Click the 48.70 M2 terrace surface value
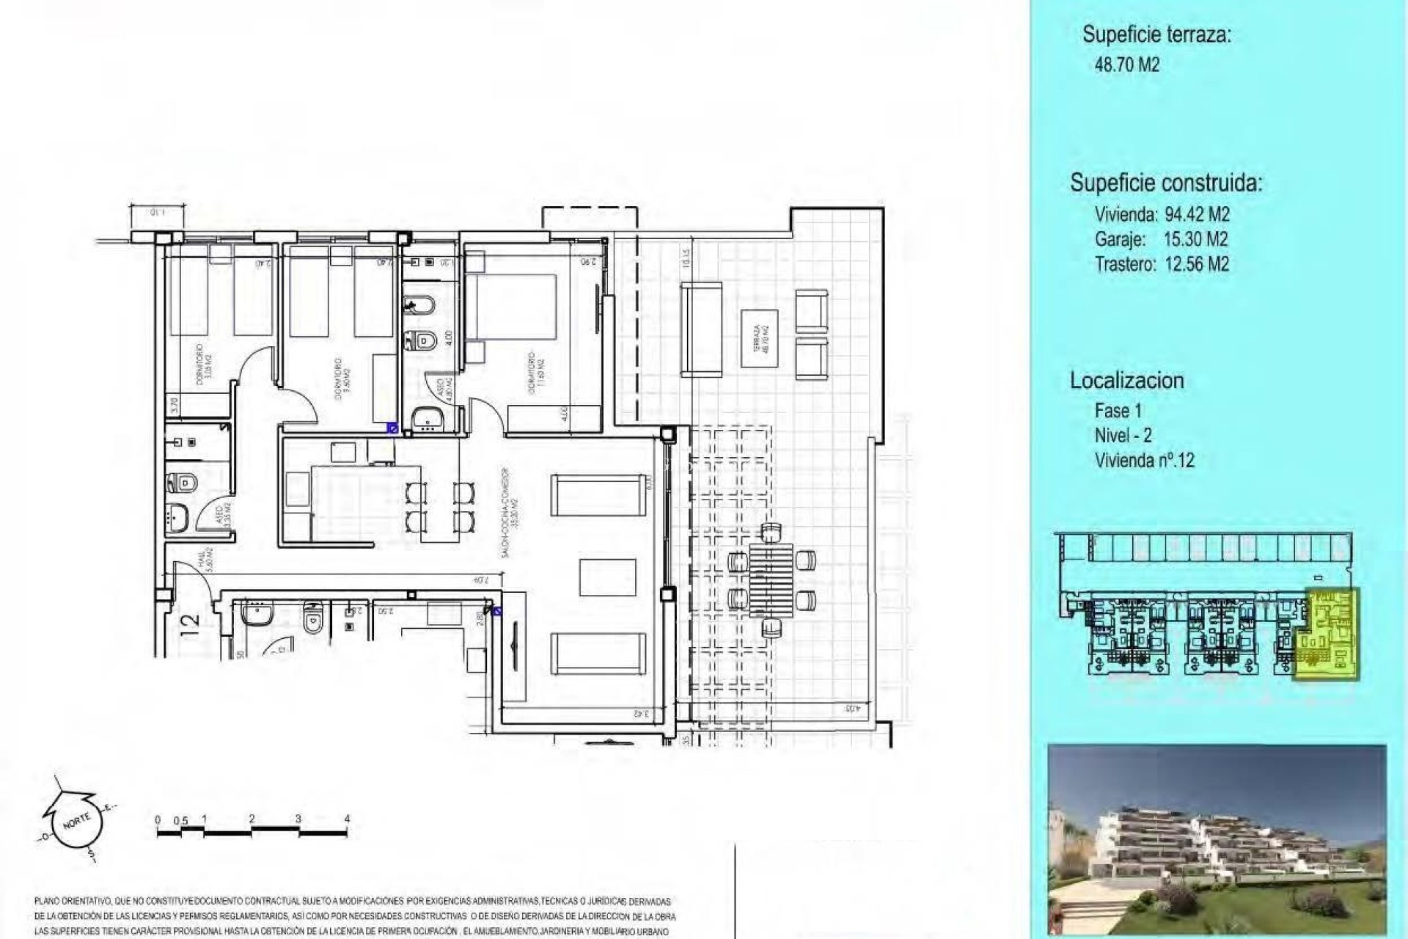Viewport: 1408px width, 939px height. (x=1126, y=65)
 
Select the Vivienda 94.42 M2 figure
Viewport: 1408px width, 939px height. (x=1162, y=215)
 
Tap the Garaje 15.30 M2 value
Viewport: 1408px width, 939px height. (x=1162, y=239)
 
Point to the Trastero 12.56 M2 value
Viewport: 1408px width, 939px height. (x=1162, y=264)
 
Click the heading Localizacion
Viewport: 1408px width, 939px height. (x=1126, y=381)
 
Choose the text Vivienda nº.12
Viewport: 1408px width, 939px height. (x=1144, y=461)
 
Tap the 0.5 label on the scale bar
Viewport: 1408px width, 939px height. (x=180, y=819)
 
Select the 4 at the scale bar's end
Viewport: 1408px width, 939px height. (x=347, y=819)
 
